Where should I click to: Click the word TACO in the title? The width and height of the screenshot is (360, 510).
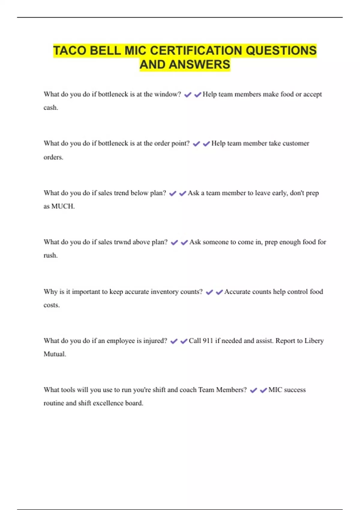(70, 50)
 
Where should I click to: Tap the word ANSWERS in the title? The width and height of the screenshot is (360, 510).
(199, 64)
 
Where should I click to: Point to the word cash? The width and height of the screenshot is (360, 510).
(50, 108)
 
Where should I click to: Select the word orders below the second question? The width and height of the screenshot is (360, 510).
(53, 157)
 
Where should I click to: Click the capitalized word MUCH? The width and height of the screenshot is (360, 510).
(63, 206)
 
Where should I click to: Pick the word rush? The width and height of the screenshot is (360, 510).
(50, 256)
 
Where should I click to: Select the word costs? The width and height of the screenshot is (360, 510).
(51, 305)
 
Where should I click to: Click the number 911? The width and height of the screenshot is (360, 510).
(208, 341)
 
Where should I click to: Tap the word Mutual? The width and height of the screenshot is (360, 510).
(55, 354)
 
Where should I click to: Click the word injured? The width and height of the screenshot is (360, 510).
(155, 341)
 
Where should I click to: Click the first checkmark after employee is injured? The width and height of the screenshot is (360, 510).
(174, 341)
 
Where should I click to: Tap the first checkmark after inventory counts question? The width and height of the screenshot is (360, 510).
(209, 292)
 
